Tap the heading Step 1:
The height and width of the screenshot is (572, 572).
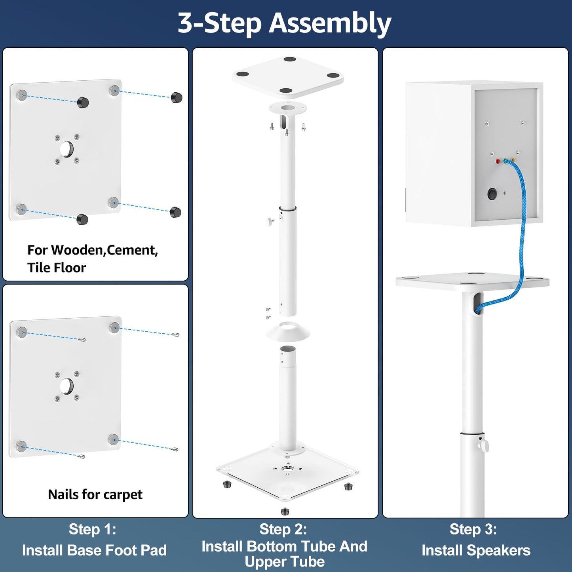(92, 529)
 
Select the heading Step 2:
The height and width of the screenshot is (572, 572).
(283, 529)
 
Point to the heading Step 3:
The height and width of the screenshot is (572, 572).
(473, 529)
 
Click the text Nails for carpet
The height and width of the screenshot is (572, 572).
(95, 494)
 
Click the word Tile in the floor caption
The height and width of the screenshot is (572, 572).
(39, 268)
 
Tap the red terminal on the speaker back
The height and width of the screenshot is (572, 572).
(498, 161)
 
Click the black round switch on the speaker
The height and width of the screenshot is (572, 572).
(492, 194)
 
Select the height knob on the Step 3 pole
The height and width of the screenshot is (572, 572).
(484, 445)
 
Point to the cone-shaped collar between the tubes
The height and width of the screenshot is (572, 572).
(288, 332)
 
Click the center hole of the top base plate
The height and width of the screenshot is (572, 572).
(67, 149)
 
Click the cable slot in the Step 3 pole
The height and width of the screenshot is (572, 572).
(478, 303)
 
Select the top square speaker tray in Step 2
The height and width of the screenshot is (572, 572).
(288, 76)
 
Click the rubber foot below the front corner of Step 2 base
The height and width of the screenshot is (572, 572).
(285, 511)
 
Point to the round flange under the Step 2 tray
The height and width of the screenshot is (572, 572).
(288, 108)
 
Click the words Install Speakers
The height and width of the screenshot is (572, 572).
(476, 550)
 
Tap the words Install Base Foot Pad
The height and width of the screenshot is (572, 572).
(94, 550)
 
